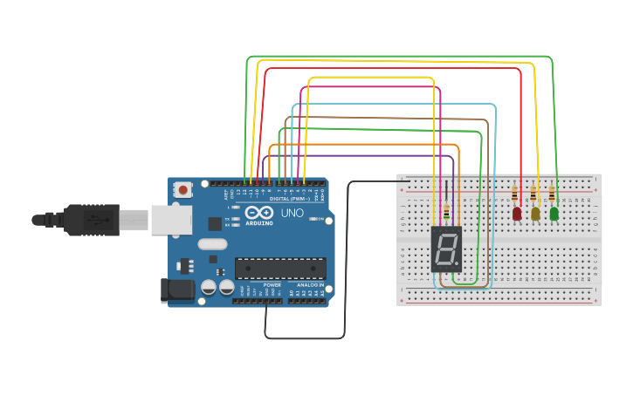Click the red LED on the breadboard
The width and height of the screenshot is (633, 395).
[x=517, y=213]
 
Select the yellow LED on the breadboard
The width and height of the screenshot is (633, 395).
[x=535, y=213]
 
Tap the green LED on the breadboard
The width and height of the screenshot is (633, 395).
[x=554, y=213]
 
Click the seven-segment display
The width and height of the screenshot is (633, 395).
[x=446, y=249]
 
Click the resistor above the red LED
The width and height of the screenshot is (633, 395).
[x=515, y=194]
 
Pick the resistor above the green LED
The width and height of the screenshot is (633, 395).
[x=552, y=194]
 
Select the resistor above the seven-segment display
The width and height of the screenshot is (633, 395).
[x=447, y=212]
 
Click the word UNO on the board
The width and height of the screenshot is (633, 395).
[x=292, y=213]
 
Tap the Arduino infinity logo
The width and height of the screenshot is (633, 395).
[x=259, y=213]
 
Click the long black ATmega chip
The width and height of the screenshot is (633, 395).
[x=280, y=269]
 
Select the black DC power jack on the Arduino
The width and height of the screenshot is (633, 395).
[x=177, y=290]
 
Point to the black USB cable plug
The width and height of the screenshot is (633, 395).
[x=91, y=220]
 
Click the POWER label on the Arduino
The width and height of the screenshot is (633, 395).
[x=272, y=285]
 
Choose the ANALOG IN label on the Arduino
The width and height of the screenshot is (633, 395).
[x=310, y=285]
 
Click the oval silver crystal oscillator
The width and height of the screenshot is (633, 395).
[x=212, y=245]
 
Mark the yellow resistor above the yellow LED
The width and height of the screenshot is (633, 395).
[x=533, y=194]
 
